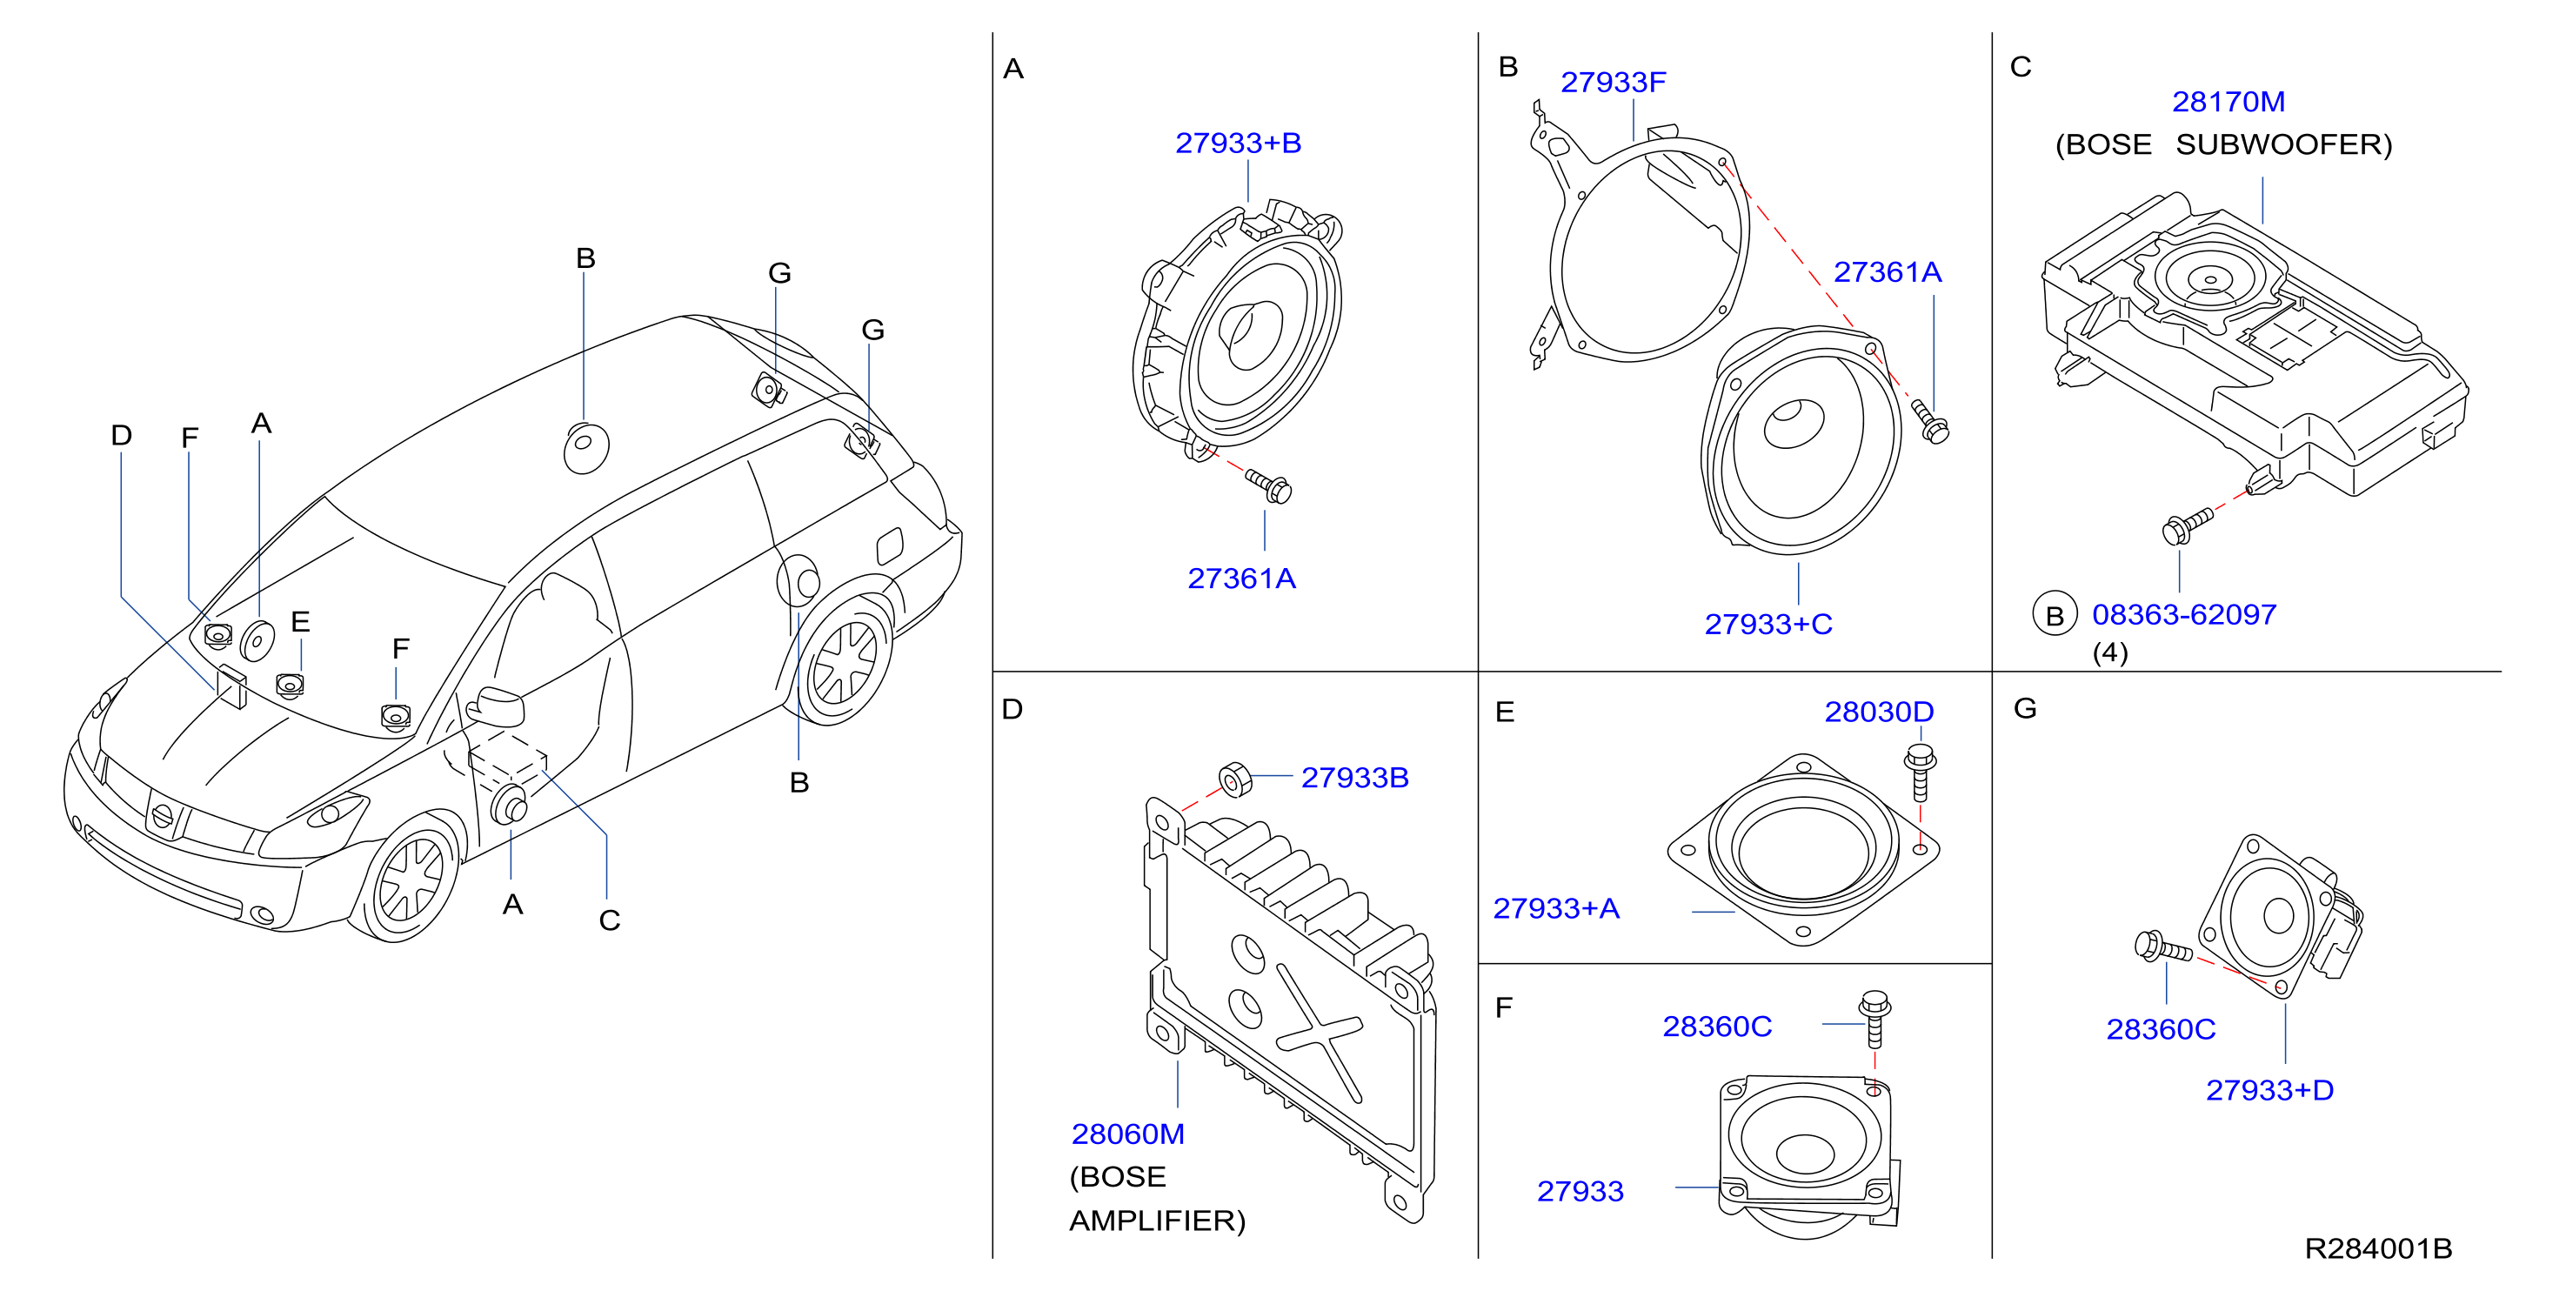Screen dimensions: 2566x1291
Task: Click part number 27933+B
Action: point(1238,144)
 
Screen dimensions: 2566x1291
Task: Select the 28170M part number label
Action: point(2229,102)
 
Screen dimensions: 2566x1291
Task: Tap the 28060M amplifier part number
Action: point(1127,1134)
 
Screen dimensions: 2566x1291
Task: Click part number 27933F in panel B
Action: point(1613,83)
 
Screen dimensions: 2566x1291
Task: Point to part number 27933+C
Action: point(1768,625)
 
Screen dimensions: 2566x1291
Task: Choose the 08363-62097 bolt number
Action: point(2183,615)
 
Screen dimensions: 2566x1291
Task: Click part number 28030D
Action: point(1879,712)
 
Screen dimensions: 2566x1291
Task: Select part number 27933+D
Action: point(2269,1090)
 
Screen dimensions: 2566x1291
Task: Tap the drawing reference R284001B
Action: point(2378,1248)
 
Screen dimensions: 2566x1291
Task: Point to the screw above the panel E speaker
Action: point(1920,772)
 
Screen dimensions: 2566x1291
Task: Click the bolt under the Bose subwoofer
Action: point(2187,526)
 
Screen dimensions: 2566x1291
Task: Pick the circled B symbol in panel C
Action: point(2054,616)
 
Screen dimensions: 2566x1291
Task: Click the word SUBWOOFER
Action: point(2283,145)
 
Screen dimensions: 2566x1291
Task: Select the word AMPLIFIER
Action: point(1158,1221)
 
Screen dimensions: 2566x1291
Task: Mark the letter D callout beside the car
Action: point(122,435)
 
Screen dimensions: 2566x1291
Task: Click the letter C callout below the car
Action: point(610,920)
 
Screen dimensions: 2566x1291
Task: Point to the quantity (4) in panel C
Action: point(2110,652)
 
